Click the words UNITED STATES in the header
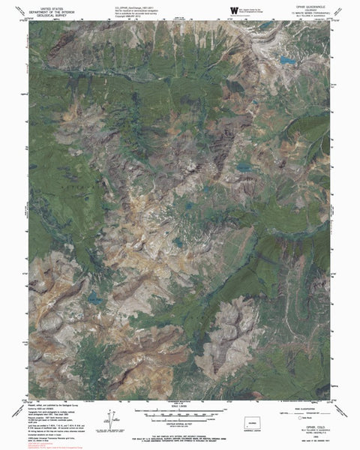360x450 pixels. (x=46, y=4)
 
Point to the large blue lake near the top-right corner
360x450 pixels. (x=286, y=58)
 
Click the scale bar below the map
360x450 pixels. (x=180, y=411)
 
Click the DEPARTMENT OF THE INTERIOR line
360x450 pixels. (x=46, y=8)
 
